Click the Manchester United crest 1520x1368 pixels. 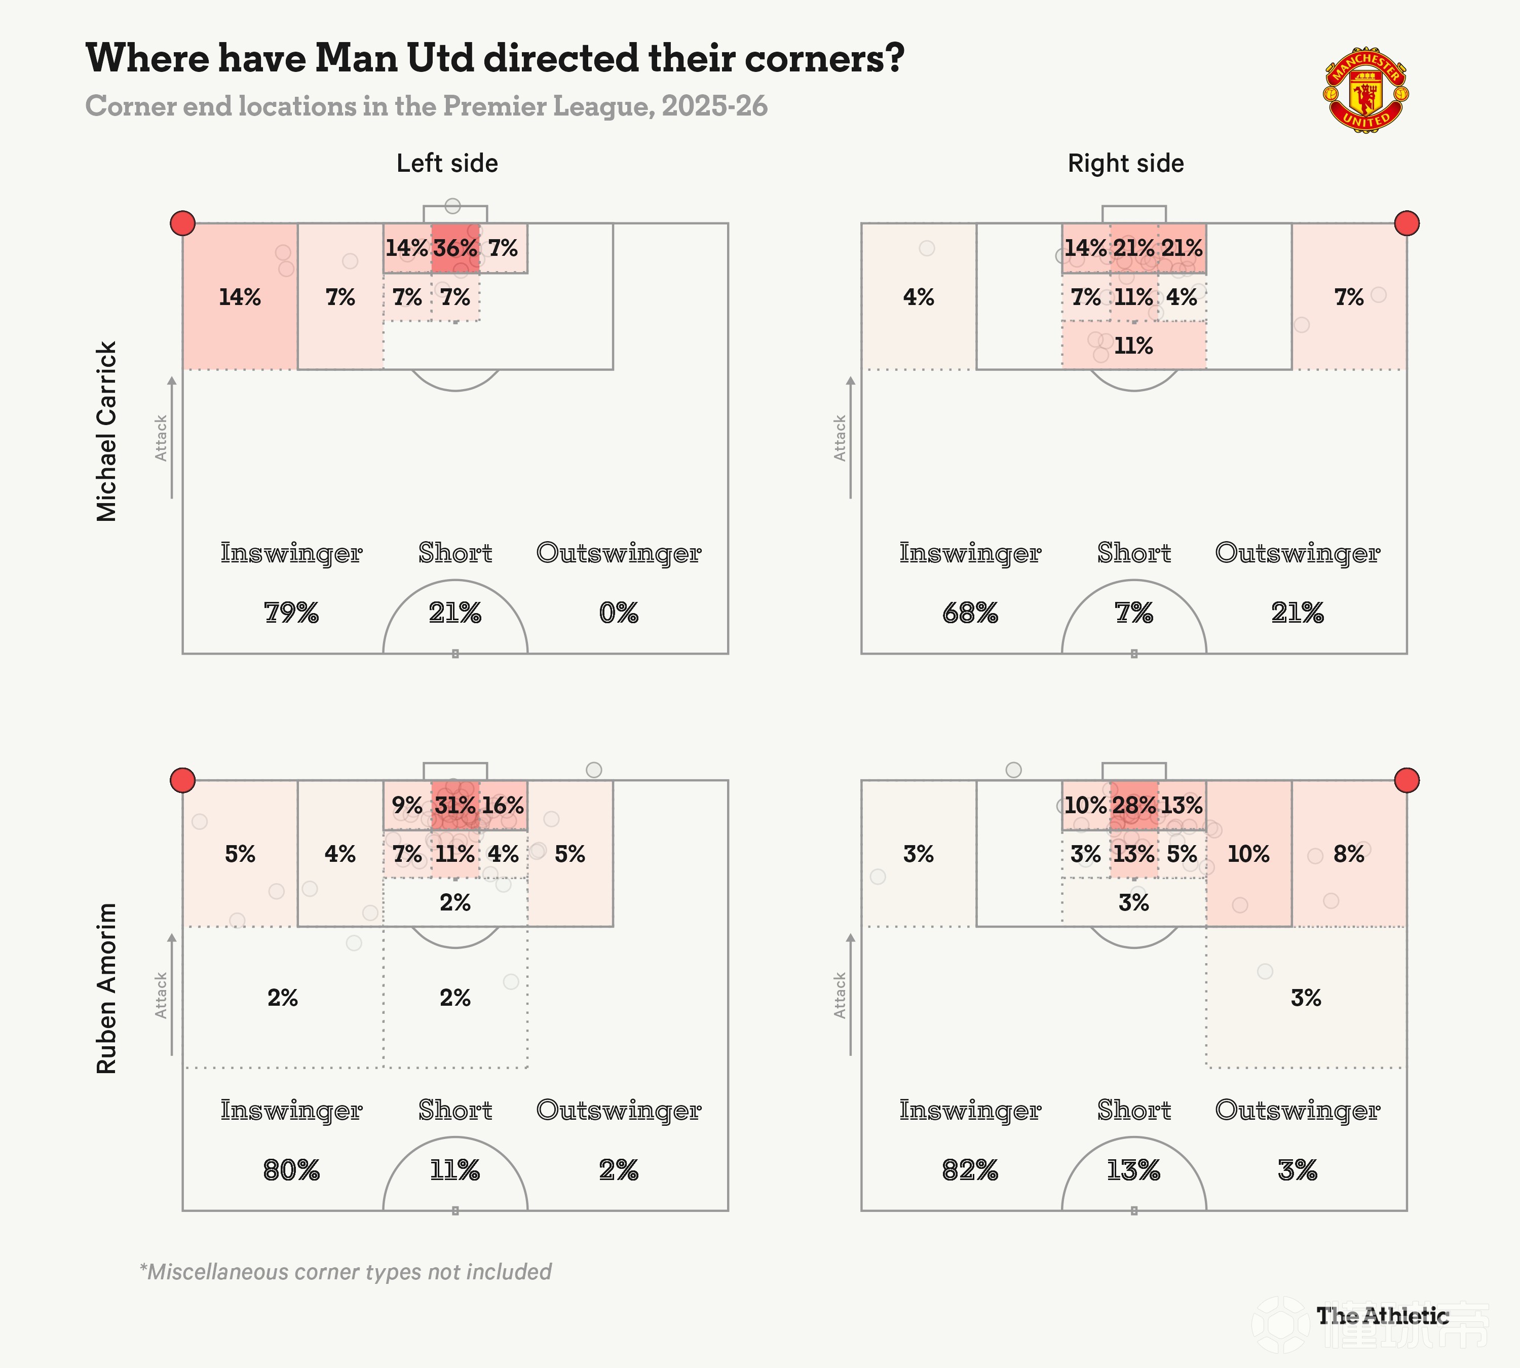click(x=1366, y=92)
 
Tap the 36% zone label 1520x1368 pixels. click(x=455, y=248)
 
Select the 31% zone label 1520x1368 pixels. click(x=455, y=806)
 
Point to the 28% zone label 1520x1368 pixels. click(x=1133, y=806)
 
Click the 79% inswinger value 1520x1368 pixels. click(x=292, y=614)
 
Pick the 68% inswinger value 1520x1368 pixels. click(x=970, y=614)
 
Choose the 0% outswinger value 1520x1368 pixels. click(x=619, y=614)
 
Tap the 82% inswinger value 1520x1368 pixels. click(x=970, y=1170)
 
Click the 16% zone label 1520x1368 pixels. click(x=503, y=806)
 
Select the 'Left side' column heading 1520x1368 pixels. click(x=447, y=163)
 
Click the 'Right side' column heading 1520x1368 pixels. click(x=1125, y=163)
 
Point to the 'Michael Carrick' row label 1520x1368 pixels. click(x=107, y=432)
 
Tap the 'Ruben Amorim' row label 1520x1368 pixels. click(x=107, y=989)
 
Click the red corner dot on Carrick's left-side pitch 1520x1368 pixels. click(x=183, y=223)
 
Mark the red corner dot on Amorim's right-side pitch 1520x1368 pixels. click(x=1407, y=780)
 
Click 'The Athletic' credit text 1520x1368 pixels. click(x=1382, y=1315)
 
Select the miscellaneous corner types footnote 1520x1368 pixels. click(x=346, y=1272)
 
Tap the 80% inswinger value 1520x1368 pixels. click(x=292, y=1170)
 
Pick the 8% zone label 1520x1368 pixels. click(x=1349, y=854)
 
